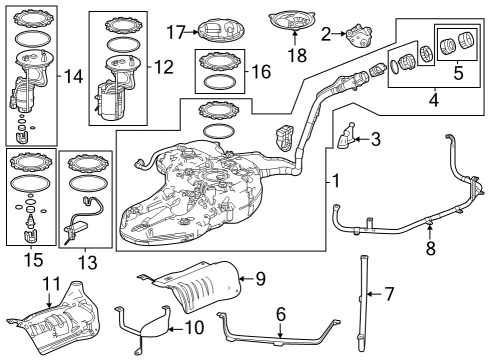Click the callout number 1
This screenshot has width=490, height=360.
(x=336, y=182)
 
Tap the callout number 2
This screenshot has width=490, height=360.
(x=327, y=33)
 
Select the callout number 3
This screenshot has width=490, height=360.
(x=375, y=140)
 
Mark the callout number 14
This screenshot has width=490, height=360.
(x=72, y=76)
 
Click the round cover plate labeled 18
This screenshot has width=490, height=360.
(x=291, y=22)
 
